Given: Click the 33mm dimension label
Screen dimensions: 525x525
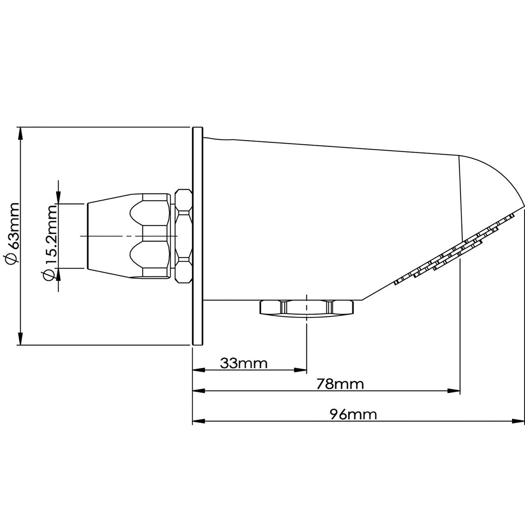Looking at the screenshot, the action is pyautogui.click(x=244, y=363).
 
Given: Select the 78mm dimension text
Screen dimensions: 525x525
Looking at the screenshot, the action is pyautogui.click(x=340, y=384).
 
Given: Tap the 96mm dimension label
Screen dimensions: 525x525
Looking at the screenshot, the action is pyautogui.click(x=354, y=414).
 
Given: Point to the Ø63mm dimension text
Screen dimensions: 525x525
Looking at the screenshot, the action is pyautogui.click(x=12, y=233).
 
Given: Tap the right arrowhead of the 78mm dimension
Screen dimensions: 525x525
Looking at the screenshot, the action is pyautogui.click(x=453, y=391).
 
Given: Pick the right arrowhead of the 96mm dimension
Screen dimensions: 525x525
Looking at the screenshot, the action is pyautogui.click(x=518, y=421).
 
